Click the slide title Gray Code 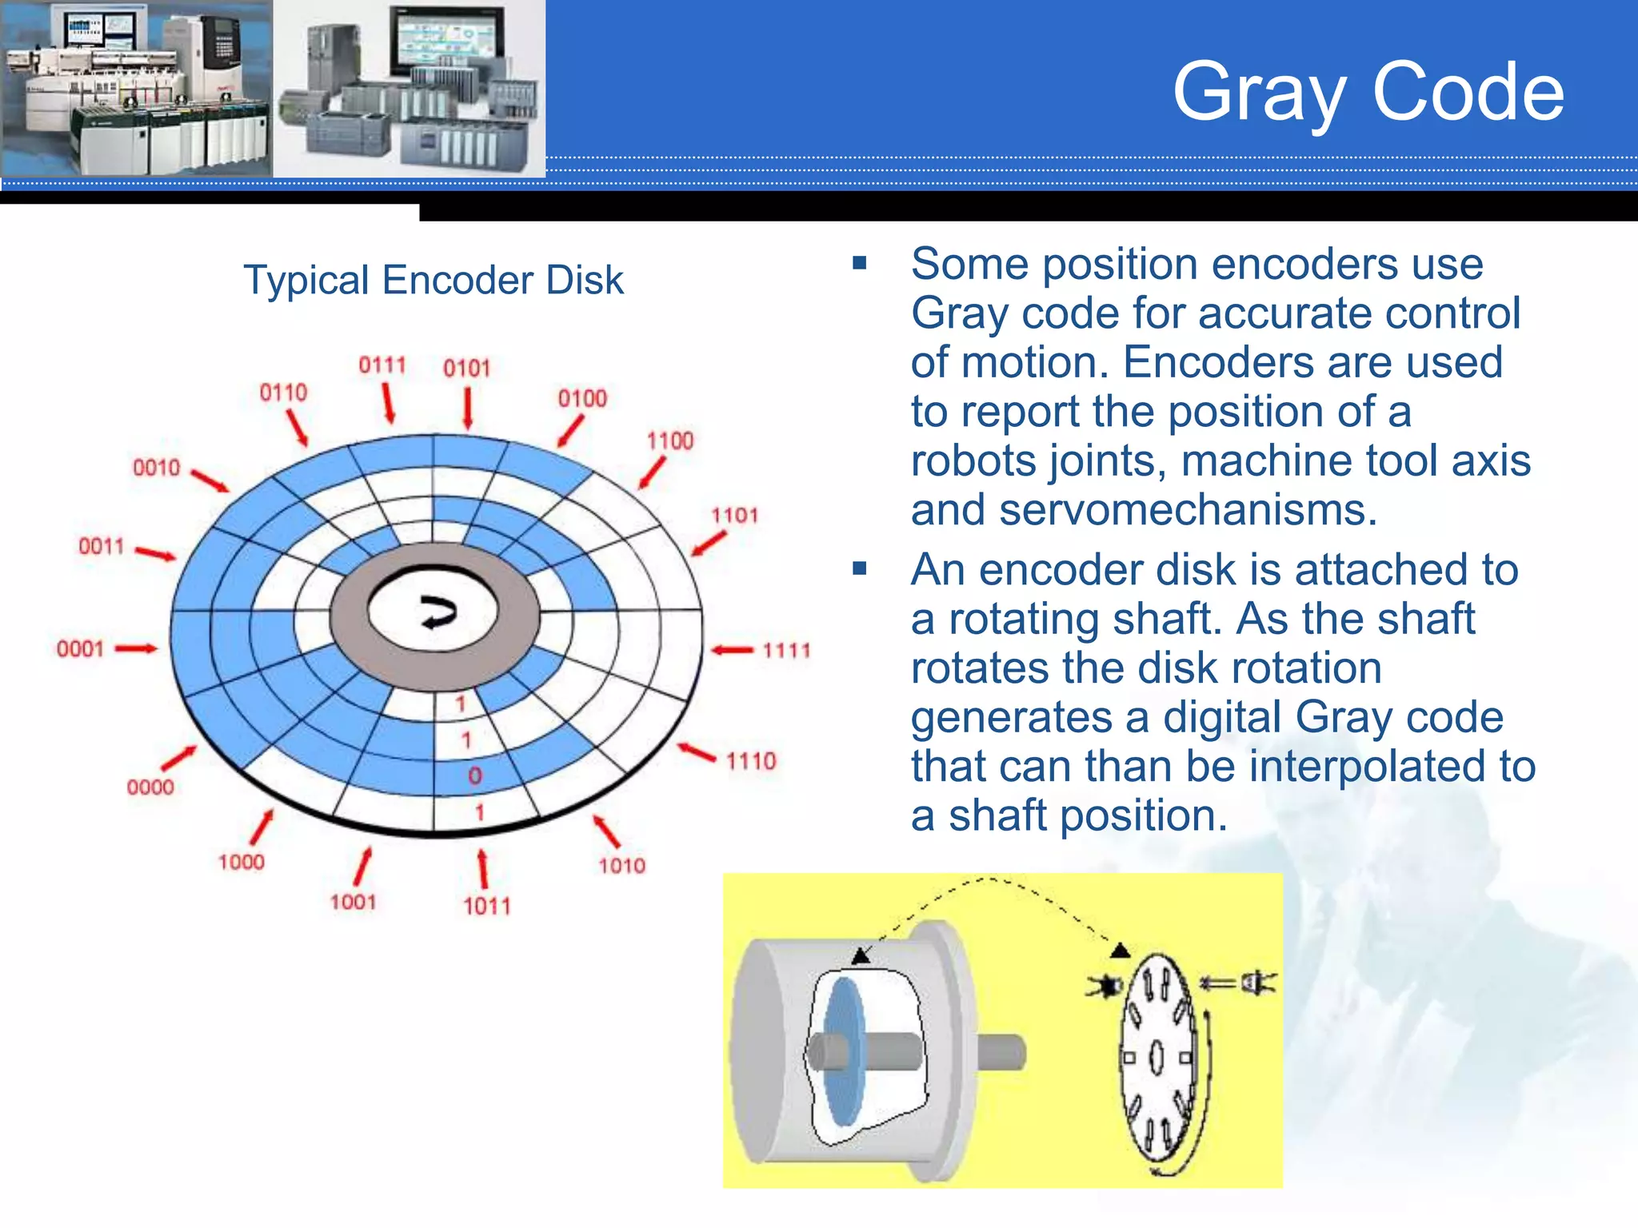(1368, 93)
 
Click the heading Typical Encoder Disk (433, 281)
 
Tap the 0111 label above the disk (382, 365)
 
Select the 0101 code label (466, 369)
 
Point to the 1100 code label (669, 441)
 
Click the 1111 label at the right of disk (786, 651)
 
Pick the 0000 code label (150, 787)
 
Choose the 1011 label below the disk (486, 907)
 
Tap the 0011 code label (102, 547)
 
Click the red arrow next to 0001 (136, 649)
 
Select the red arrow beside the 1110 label (697, 752)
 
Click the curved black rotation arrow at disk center (438, 612)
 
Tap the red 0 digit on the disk (475, 775)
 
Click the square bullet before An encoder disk (860, 569)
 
